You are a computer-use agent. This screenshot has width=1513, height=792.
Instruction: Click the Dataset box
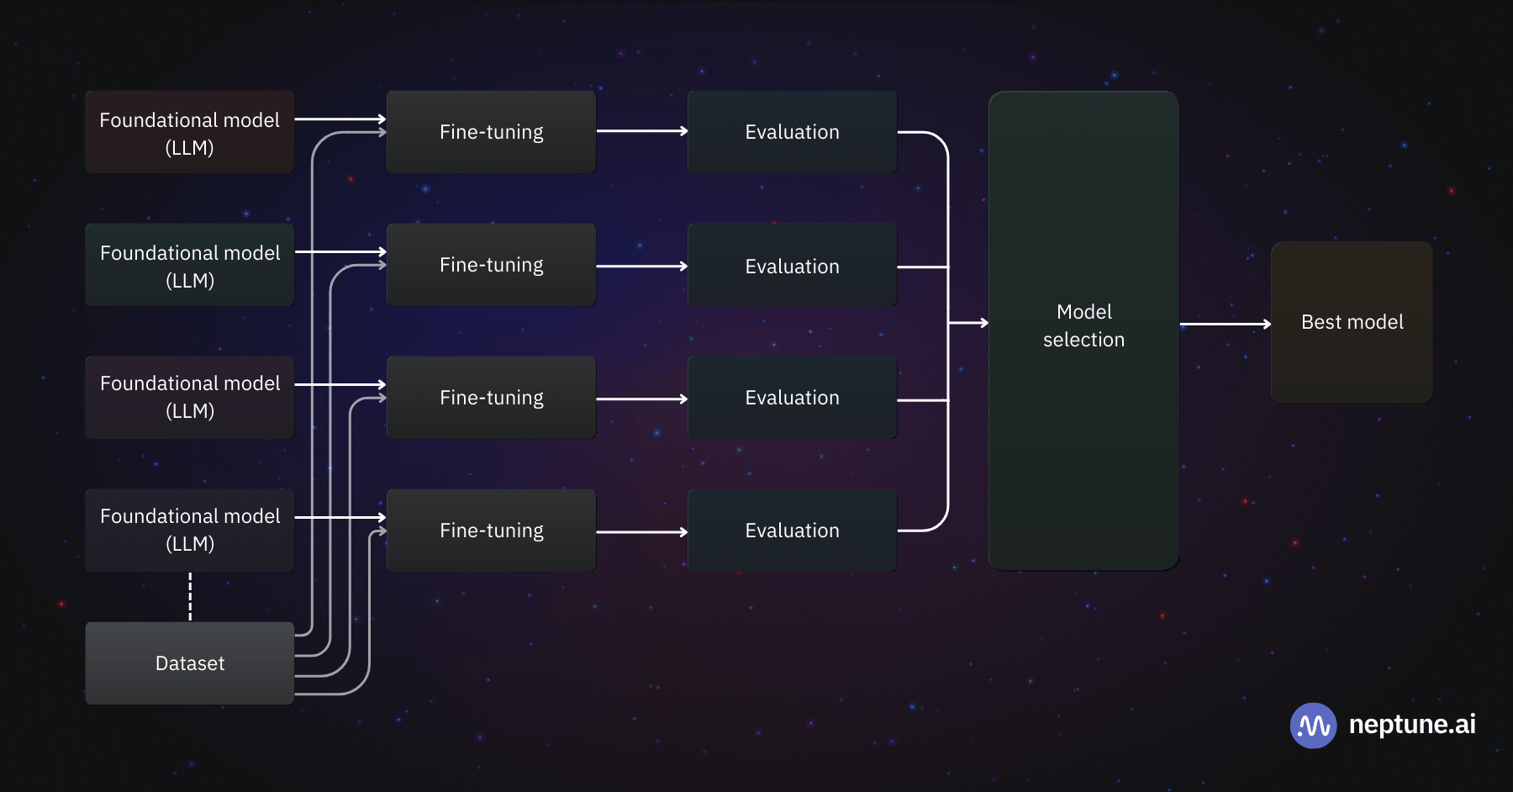coord(190,663)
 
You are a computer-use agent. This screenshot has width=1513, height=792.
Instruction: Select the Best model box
coord(1352,323)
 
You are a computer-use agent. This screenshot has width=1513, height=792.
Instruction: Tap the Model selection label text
coord(1083,326)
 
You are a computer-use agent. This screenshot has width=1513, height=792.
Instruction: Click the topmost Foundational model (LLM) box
coord(190,133)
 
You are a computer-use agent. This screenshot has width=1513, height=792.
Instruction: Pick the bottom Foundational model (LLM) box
coord(190,530)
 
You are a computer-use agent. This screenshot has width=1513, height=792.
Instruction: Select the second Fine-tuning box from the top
coord(491,265)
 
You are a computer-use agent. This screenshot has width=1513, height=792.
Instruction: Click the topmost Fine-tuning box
coord(491,132)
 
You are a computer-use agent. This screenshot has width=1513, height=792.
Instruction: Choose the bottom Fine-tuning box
coord(491,531)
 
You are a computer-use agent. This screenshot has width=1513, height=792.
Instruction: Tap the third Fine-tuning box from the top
coord(491,398)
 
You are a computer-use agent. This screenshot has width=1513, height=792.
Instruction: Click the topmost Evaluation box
coord(792,132)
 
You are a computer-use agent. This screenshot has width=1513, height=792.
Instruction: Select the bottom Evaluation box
coord(792,531)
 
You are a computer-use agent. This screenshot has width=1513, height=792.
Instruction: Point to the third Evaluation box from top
coord(792,398)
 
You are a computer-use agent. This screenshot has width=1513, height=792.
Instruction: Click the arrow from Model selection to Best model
coord(1225,324)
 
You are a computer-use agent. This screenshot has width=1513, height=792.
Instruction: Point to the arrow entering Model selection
coord(968,323)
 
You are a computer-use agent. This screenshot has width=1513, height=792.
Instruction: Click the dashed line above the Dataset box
coord(190,597)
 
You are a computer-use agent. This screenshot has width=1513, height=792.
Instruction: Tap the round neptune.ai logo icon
coord(1313,726)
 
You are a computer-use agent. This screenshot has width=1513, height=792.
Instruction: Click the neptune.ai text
coord(1412,725)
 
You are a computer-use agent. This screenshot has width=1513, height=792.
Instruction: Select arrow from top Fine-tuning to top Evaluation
coord(641,131)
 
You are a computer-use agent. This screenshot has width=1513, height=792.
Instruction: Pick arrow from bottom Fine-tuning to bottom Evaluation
coord(641,532)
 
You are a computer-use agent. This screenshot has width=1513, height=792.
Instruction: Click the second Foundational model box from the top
coord(190,266)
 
